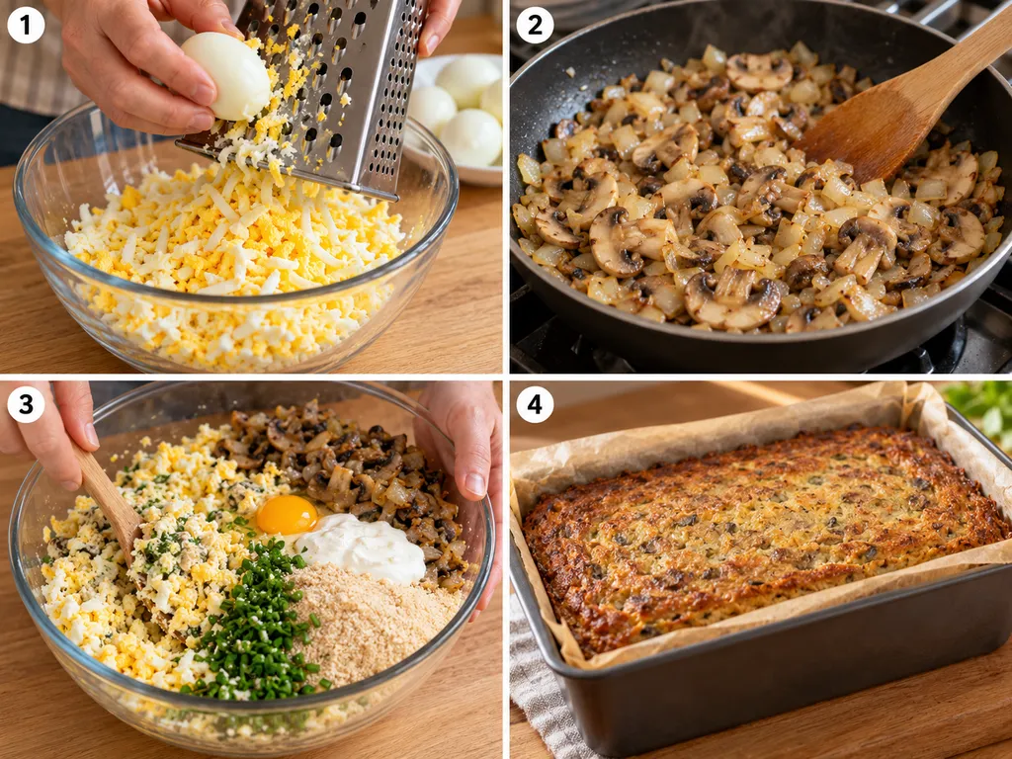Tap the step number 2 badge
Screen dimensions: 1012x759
point(535,25)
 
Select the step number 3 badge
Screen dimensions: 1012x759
point(25,404)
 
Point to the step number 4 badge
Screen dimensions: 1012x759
point(535,404)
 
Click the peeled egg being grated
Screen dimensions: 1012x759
point(226,76)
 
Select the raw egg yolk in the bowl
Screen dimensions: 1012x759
point(287,514)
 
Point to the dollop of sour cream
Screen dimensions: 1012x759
point(362,548)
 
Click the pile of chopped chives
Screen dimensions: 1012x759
point(255,623)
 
